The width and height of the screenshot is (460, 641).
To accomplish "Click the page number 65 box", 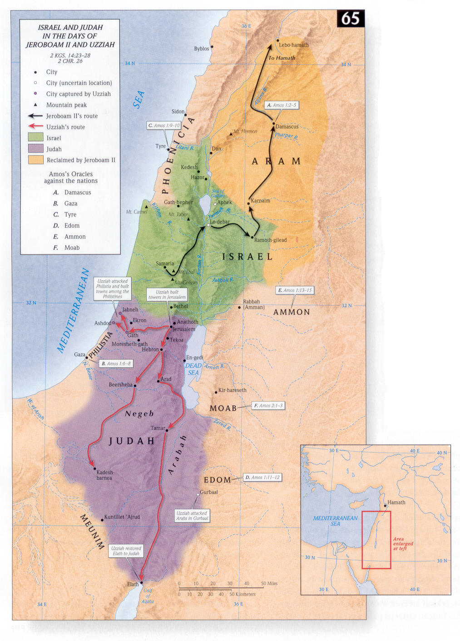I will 351,19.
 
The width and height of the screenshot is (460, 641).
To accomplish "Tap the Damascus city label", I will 287,127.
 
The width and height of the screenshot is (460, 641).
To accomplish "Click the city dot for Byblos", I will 212,47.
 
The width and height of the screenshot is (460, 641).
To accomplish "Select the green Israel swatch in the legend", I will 35,138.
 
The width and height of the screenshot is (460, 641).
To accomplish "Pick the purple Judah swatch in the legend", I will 35,149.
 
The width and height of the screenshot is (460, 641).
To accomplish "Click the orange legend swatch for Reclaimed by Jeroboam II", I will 35,160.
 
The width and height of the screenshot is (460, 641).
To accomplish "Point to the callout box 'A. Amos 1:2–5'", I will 282,105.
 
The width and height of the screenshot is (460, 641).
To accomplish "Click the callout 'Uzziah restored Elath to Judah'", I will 126,551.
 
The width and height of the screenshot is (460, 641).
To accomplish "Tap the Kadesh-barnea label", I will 104,475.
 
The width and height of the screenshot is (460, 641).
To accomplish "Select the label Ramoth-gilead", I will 271,240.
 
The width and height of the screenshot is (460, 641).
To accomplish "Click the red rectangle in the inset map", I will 376,540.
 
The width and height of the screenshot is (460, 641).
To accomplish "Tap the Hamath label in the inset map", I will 396,502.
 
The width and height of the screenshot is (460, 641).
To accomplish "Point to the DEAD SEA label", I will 193,369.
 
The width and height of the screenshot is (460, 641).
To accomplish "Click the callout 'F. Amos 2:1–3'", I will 268,406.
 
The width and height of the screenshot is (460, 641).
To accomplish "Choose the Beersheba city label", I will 120,385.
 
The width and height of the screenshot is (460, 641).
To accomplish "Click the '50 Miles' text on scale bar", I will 269,584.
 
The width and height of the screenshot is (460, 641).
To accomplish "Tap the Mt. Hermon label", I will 246,132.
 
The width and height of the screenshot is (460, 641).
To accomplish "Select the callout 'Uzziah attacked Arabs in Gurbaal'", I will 192,516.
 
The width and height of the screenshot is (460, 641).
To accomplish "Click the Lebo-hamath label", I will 293,45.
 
